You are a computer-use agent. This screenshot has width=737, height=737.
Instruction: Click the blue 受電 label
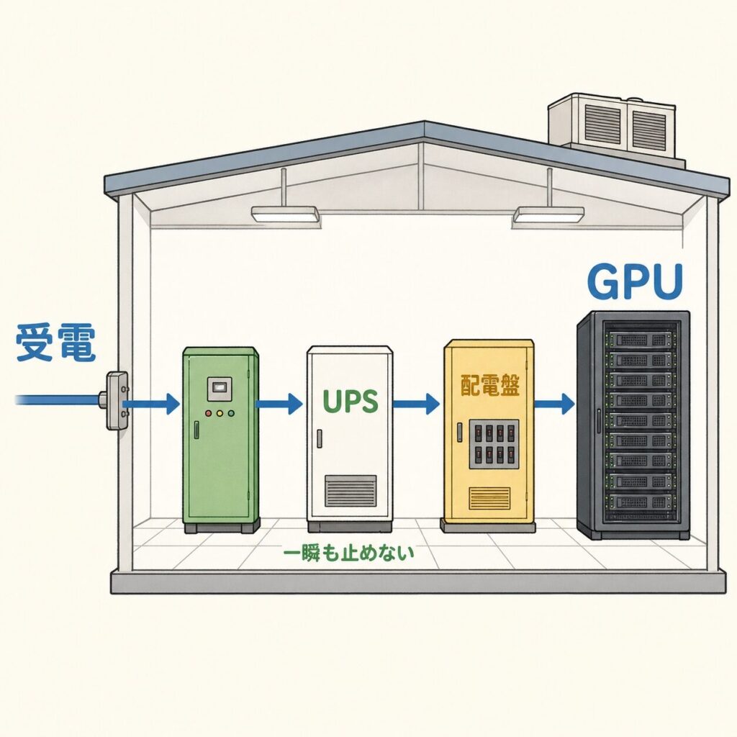[x=55, y=343]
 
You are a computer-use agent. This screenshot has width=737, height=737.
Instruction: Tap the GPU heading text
[x=634, y=281]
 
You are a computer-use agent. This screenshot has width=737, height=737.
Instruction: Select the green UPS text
[x=351, y=402]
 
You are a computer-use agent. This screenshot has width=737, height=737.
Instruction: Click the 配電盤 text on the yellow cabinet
[x=489, y=386]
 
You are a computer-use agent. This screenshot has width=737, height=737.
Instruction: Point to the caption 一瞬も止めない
[x=349, y=553]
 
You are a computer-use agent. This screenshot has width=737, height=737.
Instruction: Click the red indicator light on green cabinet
[x=208, y=414]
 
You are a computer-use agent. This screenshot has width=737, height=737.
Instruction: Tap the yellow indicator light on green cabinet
[x=219, y=414]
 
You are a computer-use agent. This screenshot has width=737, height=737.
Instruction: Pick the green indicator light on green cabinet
[x=230, y=414]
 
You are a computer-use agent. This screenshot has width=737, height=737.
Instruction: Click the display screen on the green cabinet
[x=219, y=388]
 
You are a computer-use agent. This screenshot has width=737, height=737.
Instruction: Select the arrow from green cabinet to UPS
[x=279, y=403]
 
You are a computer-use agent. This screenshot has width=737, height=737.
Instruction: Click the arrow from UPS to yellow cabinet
[x=415, y=403]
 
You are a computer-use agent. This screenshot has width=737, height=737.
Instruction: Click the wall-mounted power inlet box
[x=117, y=400]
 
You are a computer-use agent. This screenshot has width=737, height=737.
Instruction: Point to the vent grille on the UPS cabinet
[x=351, y=491]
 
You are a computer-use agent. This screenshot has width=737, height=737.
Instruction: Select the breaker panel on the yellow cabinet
[x=494, y=443]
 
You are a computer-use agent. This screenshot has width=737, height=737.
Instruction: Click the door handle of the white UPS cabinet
[x=319, y=438]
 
